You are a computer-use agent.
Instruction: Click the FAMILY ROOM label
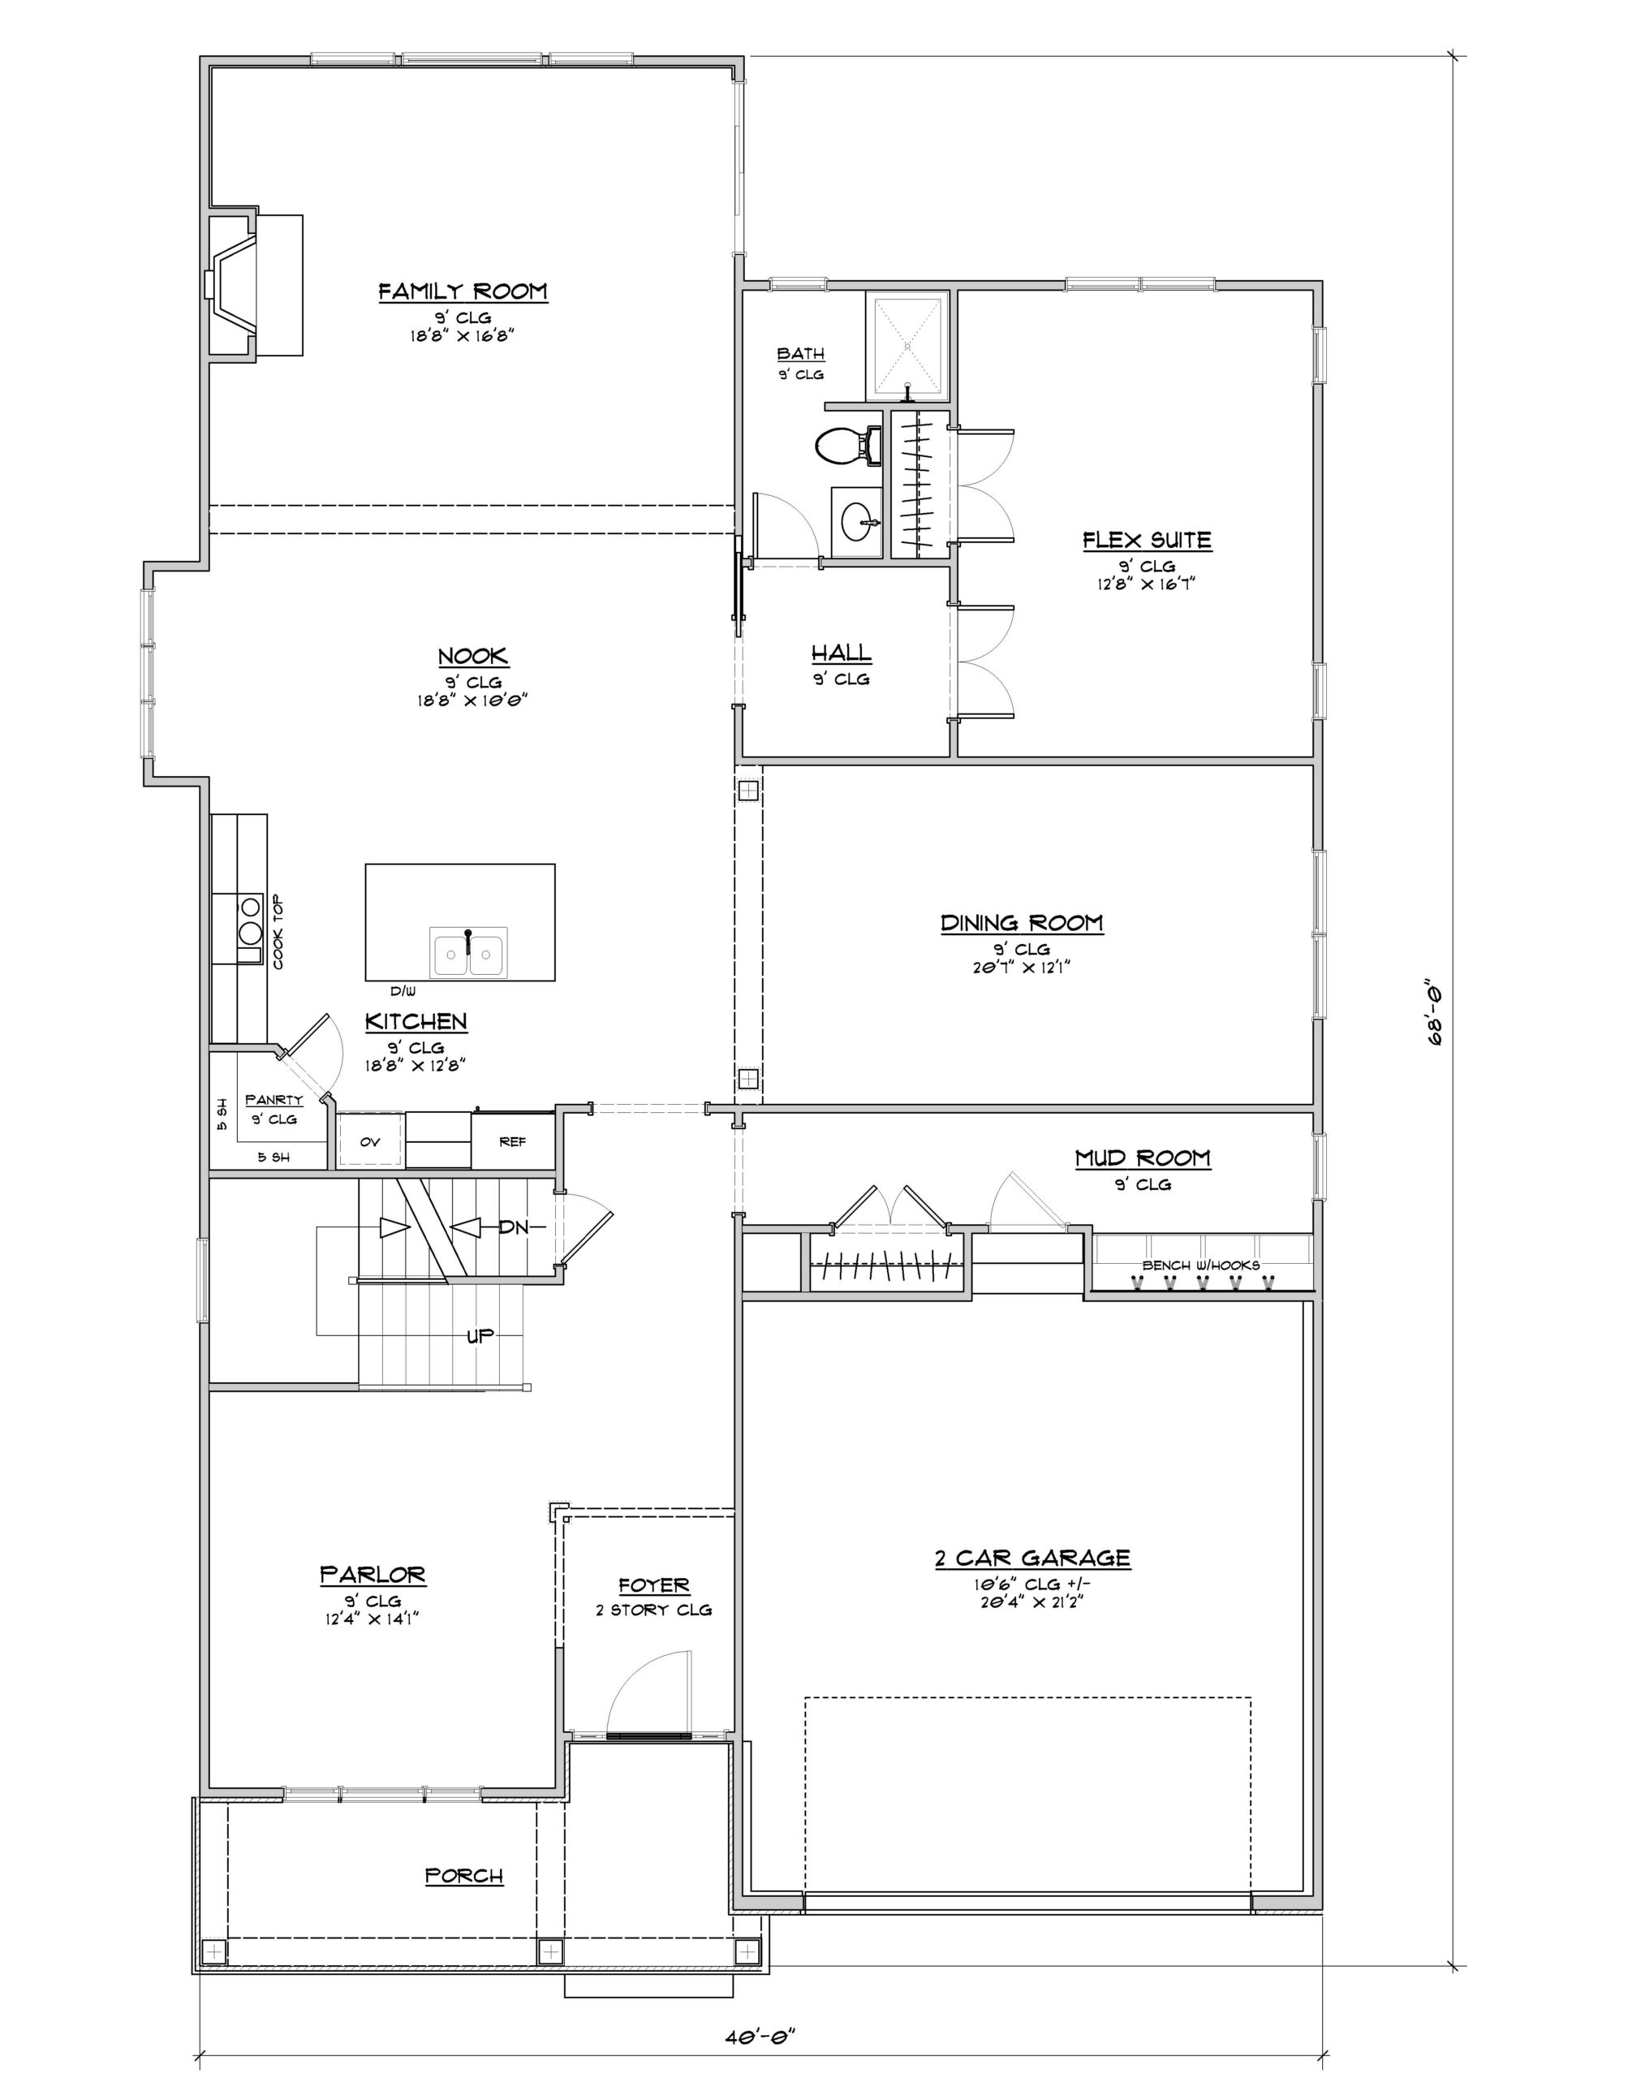coord(463,291)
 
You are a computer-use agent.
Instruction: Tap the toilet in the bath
coord(846,444)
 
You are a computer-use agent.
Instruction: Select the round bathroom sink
coord(858,521)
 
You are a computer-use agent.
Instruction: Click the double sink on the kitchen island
coord(468,951)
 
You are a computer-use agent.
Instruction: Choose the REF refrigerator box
coord(513,1141)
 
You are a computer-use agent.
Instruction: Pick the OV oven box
coord(371,1141)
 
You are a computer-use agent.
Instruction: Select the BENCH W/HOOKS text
coord(1201,1265)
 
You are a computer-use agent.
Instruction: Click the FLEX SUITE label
coord(1147,541)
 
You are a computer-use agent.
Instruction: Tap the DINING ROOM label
coord(1022,923)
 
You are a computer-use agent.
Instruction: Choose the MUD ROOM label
coord(1143,1158)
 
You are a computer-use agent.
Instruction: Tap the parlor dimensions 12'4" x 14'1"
coord(373,1619)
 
